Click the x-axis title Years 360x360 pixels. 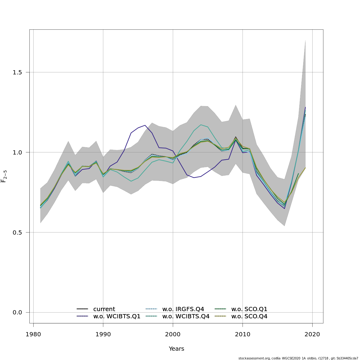tap(176, 349)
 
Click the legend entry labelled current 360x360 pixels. tap(104, 309)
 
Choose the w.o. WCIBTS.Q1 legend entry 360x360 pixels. tap(117, 316)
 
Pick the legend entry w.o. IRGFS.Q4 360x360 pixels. tap(183, 309)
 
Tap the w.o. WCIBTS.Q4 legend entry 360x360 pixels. tap(186, 316)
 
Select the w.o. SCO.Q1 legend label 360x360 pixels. tap(249, 309)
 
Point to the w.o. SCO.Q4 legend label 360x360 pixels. tap(249, 316)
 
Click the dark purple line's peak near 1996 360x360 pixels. tap(145, 125)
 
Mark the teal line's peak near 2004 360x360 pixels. tap(201, 125)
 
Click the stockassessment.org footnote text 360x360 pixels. tap(298, 358)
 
